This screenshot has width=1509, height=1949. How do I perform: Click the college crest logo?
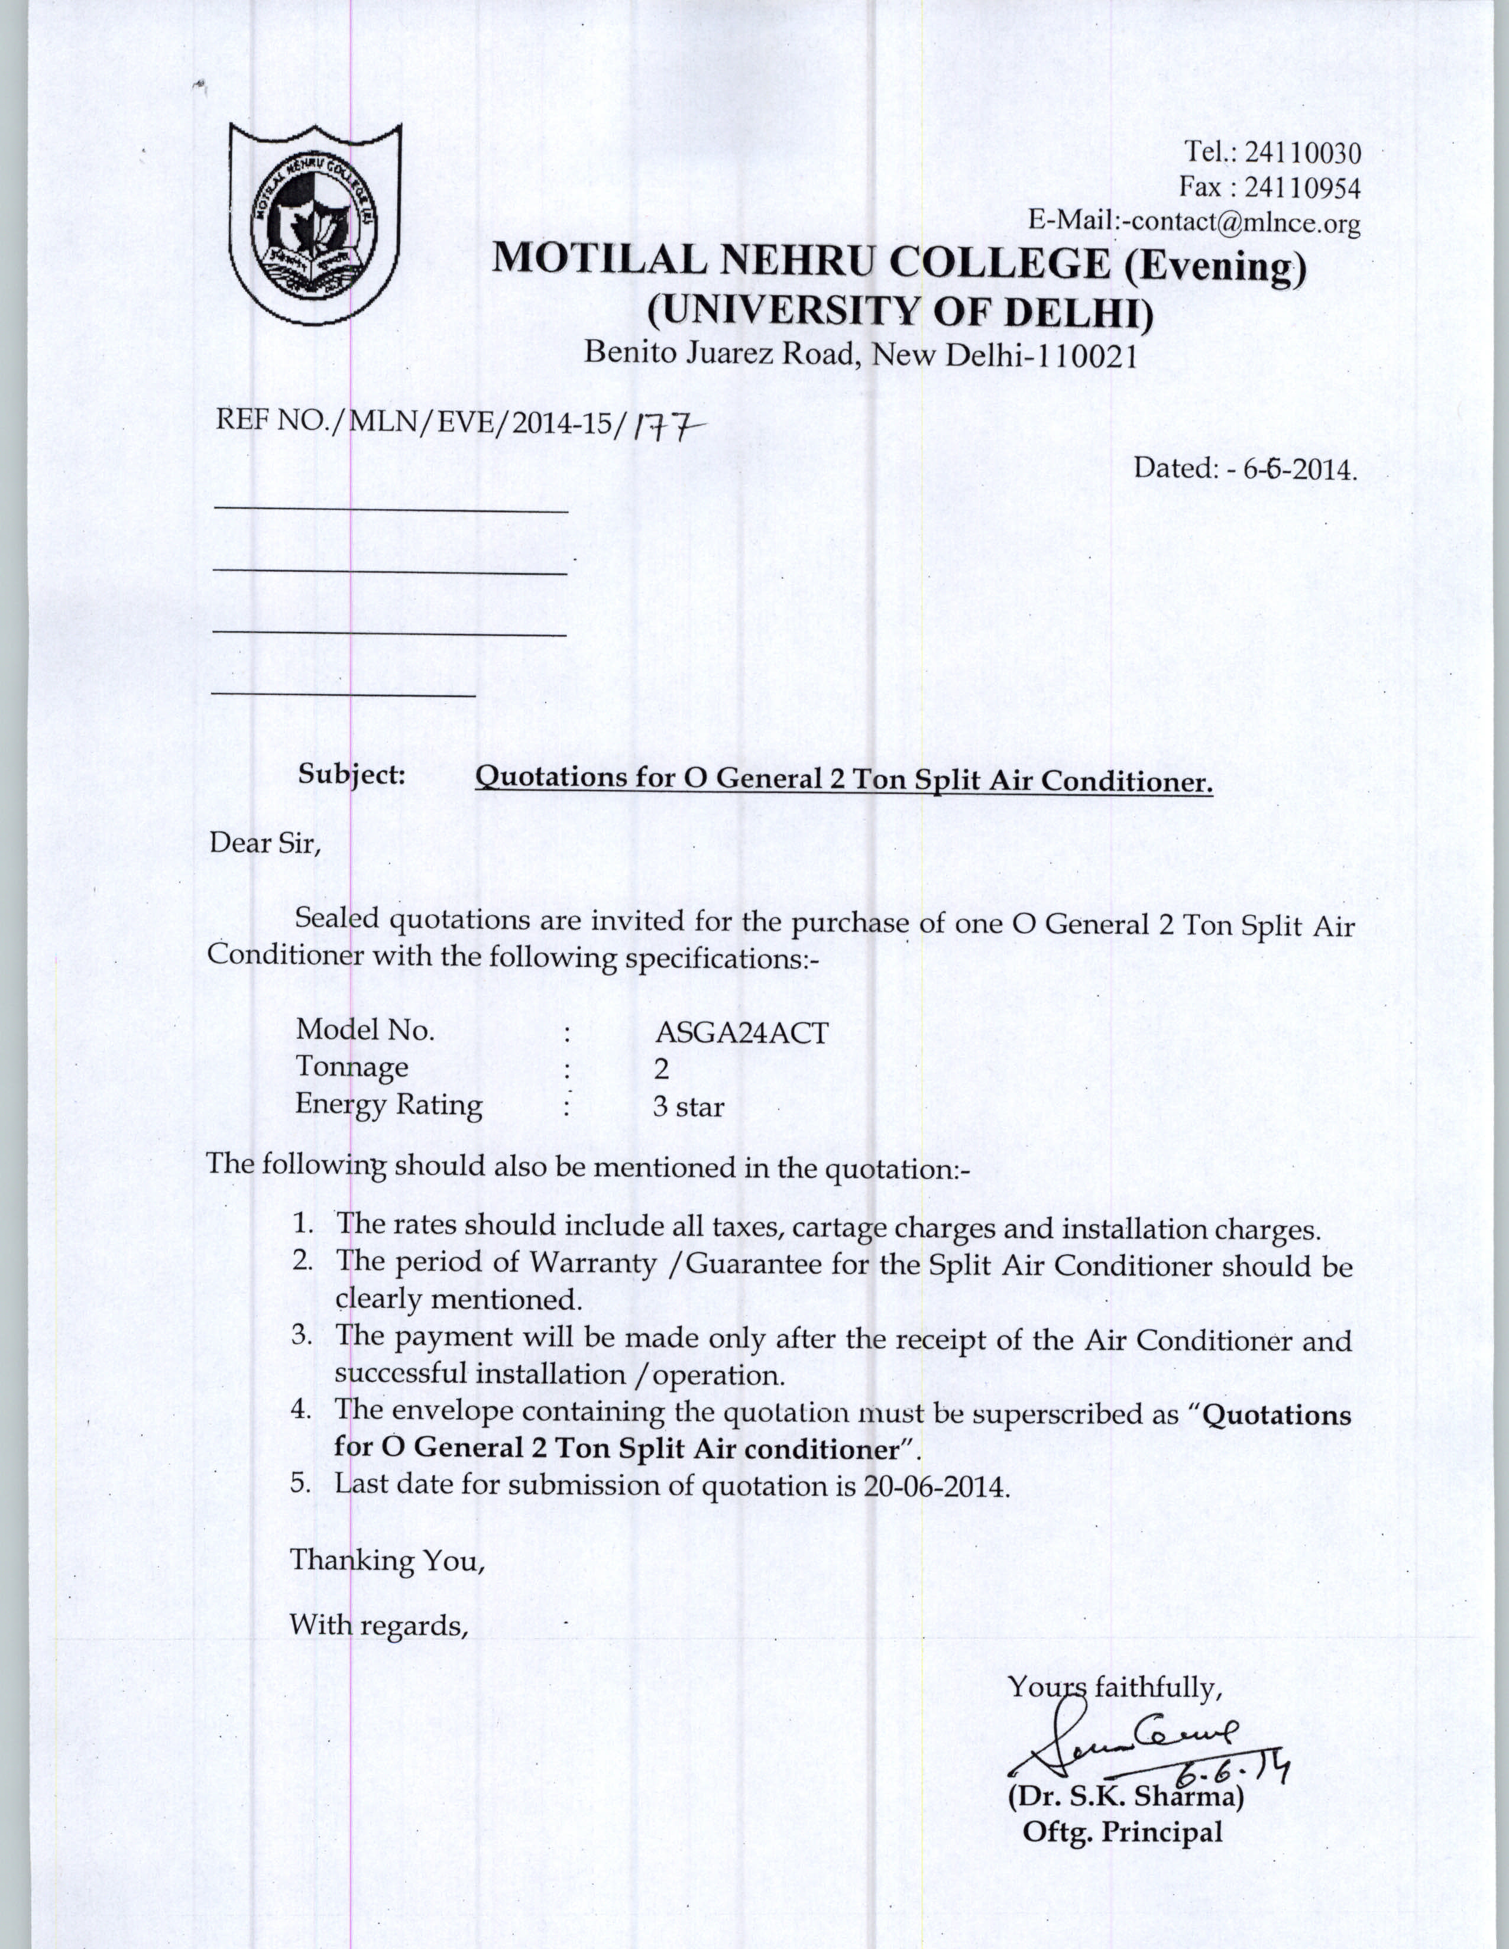pyautogui.click(x=315, y=221)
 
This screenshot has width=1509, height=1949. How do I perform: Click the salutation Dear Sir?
pyautogui.click(x=264, y=843)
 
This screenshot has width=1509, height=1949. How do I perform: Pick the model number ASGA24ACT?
pyautogui.click(x=741, y=1032)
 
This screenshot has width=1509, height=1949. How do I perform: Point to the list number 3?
pyautogui.click(x=301, y=1336)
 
